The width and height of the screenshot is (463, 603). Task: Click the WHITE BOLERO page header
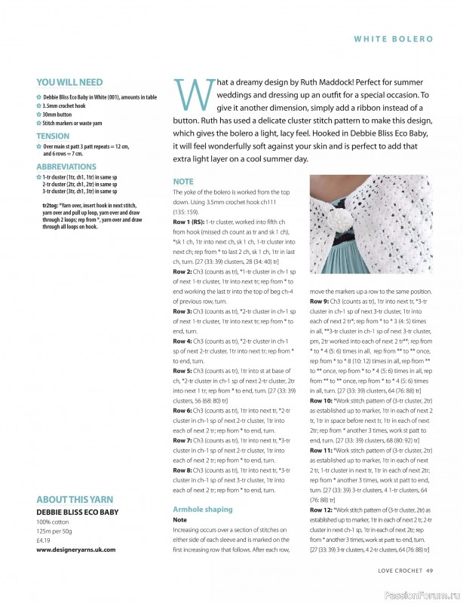point(393,37)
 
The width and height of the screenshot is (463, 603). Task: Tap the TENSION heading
point(53,136)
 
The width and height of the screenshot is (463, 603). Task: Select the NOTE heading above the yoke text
point(183,182)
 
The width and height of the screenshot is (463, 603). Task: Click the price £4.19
point(44,540)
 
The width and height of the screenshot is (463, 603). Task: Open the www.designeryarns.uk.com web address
point(75,550)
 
